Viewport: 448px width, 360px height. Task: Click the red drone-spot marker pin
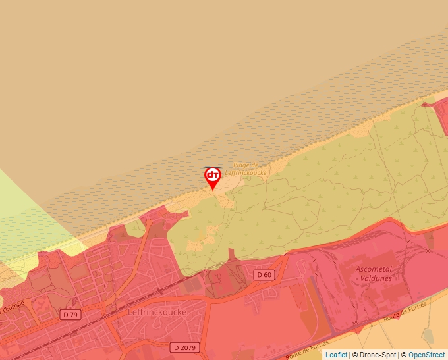click(x=212, y=176)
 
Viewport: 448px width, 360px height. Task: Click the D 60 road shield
click(x=264, y=274)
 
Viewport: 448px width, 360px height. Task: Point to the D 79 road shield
click(x=70, y=315)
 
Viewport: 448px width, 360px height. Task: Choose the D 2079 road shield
click(x=184, y=347)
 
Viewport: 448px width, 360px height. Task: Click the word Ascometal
click(x=374, y=269)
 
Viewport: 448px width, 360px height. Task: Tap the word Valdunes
click(x=374, y=278)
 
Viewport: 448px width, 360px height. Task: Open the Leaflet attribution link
click(x=336, y=355)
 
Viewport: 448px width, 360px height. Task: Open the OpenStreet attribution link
click(x=426, y=355)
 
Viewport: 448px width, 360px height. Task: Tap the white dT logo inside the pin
click(x=212, y=175)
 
